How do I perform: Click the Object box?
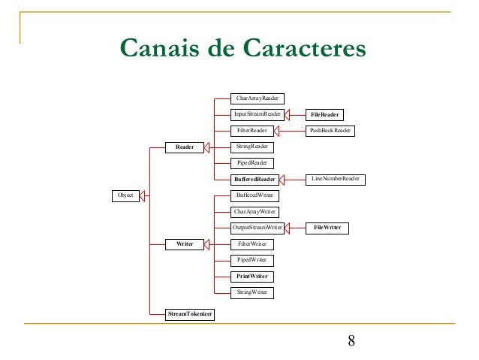(125, 195)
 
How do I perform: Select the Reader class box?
(185, 147)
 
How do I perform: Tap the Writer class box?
(185, 244)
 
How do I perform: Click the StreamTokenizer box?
(189, 313)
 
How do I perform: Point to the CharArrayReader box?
(257, 98)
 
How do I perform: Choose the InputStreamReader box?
(257, 114)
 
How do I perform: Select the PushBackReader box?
(330, 131)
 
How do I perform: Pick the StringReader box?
(252, 147)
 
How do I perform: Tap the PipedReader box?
(252, 162)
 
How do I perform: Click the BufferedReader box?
(255, 179)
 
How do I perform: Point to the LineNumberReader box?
(335, 179)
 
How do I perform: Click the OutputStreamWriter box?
(257, 227)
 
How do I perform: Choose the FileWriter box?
(328, 227)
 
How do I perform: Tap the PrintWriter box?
(252, 276)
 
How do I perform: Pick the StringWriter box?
(252, 292)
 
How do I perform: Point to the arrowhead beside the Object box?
(146, 195)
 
